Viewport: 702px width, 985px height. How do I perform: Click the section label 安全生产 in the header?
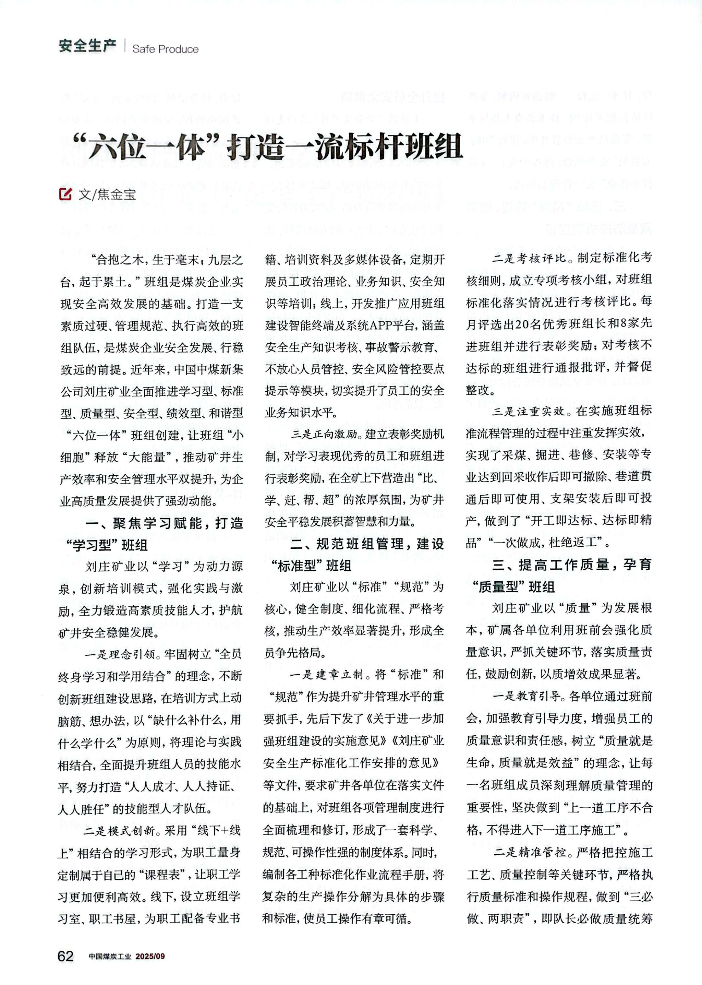pos(87,46)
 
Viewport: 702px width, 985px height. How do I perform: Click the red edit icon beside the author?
pos(65,194)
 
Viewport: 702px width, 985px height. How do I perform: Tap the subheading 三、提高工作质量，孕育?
pos(571,565)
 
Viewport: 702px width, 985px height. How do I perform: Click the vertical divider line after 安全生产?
pos(124,46)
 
